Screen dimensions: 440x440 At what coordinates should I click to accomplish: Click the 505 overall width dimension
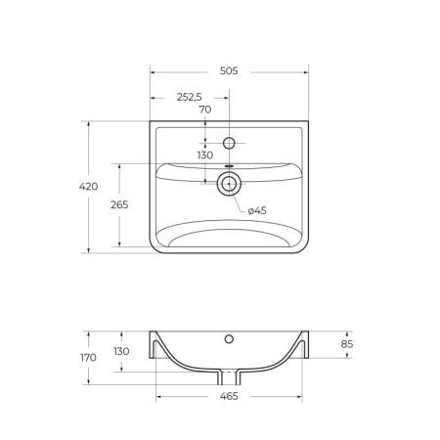(229, 71)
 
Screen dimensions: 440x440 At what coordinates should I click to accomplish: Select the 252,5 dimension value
(189, 96)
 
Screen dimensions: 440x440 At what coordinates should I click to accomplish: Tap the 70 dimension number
(205, 110)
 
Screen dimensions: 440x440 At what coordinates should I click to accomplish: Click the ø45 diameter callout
(257, 210)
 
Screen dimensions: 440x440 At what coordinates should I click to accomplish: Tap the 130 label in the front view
(121, 351)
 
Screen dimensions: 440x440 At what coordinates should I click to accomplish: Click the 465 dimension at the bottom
(229, 396)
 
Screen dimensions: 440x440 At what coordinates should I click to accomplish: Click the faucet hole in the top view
(229, 143)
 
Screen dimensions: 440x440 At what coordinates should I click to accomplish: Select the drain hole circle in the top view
(229, 182)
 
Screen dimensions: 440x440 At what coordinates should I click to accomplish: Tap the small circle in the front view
(229, 340)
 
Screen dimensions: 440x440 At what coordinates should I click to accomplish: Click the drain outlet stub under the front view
(229, 377)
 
